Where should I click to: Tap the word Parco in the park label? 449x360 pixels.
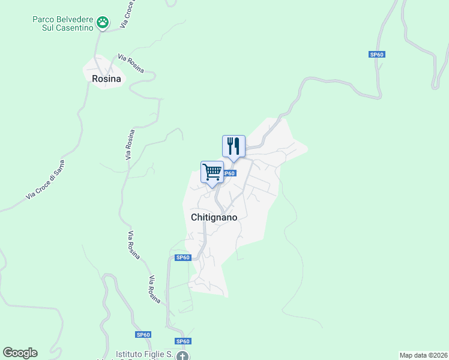(44, 19)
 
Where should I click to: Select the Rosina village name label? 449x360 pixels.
(106, 79)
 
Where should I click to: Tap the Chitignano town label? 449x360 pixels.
(214, 217)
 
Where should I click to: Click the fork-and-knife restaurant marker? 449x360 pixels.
(234, 146)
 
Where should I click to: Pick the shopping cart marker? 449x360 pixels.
(212, 172)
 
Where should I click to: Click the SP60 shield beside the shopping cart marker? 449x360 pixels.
(229, 173)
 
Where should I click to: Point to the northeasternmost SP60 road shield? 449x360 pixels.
(376, 55)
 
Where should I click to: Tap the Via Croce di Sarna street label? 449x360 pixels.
(45, 180)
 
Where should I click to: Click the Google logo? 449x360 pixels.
(20, 353)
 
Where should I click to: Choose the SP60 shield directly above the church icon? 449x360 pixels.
(183, 341)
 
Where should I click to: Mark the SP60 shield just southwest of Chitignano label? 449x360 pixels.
(182, 257)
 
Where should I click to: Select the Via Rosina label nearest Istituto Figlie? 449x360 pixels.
(155, 289)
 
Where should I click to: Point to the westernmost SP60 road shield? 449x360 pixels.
(143, 334)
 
